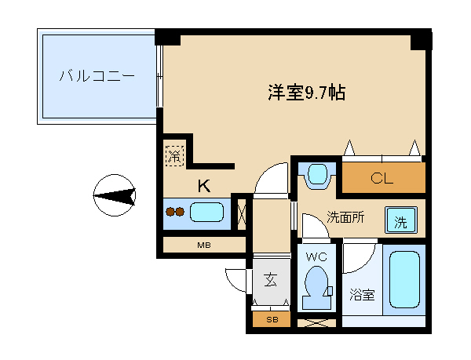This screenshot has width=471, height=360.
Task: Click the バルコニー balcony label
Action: pos(97,76)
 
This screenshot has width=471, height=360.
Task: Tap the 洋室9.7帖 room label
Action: pos(307,93)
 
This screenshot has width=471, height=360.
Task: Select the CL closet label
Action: pos(382,179)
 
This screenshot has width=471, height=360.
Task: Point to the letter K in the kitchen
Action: pos(204,186)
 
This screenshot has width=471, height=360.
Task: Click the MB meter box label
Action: pos(204,245)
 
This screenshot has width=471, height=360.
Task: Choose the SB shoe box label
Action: pos(272,320)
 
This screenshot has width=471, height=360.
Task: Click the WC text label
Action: pos(316,256)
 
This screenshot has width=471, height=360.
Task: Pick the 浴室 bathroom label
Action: pos(362,295)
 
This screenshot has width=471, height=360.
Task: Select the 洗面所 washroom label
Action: pos(345,217)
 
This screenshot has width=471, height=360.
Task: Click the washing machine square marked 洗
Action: pos(401,220)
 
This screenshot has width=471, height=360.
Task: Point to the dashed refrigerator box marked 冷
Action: pos(174,155)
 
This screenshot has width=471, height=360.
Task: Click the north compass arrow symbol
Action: pos(115,195)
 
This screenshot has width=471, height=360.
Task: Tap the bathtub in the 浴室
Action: pos(404,279)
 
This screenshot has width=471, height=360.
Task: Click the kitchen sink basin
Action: pos(207,212)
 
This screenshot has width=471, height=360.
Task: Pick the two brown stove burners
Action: pos(175,212)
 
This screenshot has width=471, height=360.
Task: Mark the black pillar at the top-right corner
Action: pos(421,40)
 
